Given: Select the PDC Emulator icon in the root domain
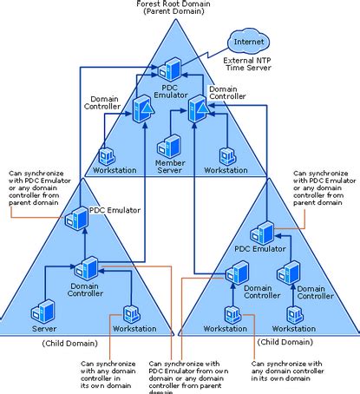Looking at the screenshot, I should (172, 67).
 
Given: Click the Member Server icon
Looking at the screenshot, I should (170, 144).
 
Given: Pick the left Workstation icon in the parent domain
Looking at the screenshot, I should (108, 155).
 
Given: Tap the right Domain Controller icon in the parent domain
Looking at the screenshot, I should (198, 109).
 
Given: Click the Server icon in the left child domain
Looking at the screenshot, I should (43, 311).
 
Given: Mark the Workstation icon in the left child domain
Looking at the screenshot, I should (132, 312).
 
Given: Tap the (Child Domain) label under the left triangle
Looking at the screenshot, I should (63, 344).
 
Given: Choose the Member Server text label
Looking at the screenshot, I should (170, 166).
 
